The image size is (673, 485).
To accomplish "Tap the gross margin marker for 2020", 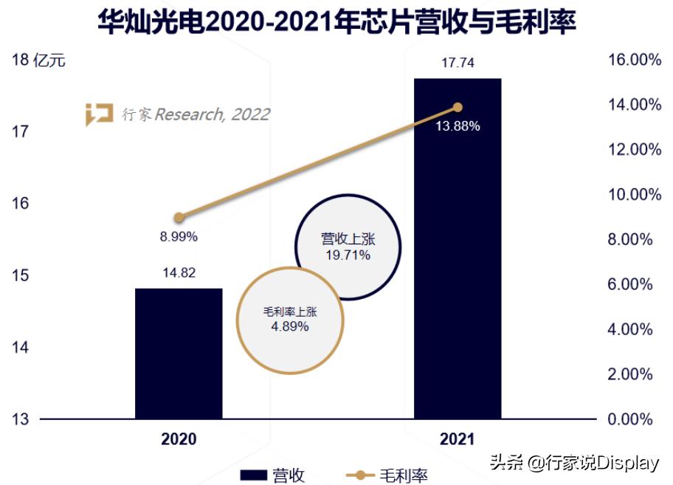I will coord(179,218).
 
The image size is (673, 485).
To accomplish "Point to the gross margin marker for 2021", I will coord(458,107).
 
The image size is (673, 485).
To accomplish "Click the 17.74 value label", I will coord(458,63).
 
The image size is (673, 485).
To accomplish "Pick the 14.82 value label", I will coord(179,272).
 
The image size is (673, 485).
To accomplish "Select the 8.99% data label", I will coord(179,237).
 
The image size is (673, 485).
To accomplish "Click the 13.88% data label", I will coord(458,126).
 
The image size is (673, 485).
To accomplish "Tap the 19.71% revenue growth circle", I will coord(348,247).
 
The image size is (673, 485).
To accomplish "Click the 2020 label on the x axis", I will coord(179,439).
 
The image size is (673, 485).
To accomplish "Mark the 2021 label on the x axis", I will coord(458,439).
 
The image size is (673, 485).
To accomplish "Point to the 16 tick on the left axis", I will coord(21,203).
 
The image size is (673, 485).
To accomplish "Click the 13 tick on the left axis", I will coord(21,419).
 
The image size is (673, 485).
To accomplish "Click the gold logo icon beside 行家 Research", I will coord(99,114).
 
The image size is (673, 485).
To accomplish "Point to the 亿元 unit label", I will coord(49,60).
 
